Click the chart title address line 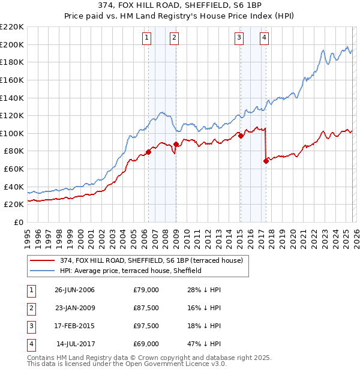click(180, 6)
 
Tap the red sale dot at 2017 click(266, 161)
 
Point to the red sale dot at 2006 click(148, 152)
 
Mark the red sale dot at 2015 click(241, 136)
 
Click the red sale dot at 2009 click(176, 145)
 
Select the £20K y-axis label click(14, 205)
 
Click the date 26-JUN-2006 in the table click(74, 290)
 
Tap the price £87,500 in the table click(146, 308)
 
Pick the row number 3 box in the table click(29, 326)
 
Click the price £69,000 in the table click(146, 344)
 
